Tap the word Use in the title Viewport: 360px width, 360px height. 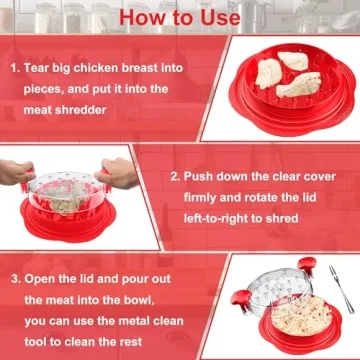(218, 18)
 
